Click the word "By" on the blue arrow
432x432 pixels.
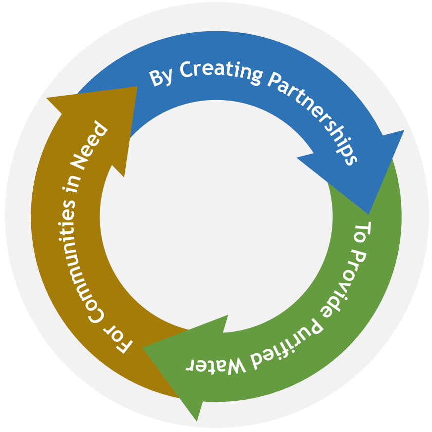[x=161, y=78]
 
